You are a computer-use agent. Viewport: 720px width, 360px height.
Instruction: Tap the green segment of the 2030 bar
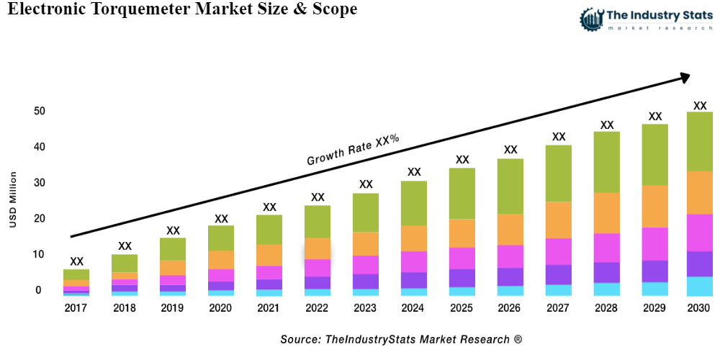pos(699,141)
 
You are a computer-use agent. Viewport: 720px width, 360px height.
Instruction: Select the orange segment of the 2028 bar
pos(607,212)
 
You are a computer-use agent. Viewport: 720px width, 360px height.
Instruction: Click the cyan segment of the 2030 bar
pos(699,286)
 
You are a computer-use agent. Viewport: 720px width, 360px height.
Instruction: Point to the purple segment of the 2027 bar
pos(558,274)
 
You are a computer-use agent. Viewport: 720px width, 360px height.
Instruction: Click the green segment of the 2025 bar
pos(462,193)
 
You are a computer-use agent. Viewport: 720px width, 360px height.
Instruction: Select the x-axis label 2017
pos(76,308)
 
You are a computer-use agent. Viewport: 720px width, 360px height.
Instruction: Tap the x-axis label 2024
pos(414,308)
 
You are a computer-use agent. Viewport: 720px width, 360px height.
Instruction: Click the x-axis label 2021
pos(269,308)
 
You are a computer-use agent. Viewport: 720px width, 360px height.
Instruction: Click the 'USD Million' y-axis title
pos(13,200)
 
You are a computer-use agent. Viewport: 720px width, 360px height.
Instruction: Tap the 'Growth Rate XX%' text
pos(353,150)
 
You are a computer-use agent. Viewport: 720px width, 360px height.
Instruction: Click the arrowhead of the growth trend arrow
pos(684,76)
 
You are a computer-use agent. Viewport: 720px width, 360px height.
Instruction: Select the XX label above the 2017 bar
pos(76,261)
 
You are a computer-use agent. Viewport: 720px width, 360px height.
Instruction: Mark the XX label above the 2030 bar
pos(699,105)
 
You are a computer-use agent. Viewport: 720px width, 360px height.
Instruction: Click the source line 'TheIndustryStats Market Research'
pos(401,338)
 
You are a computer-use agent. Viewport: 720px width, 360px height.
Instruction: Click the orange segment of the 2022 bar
pos(318,248)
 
